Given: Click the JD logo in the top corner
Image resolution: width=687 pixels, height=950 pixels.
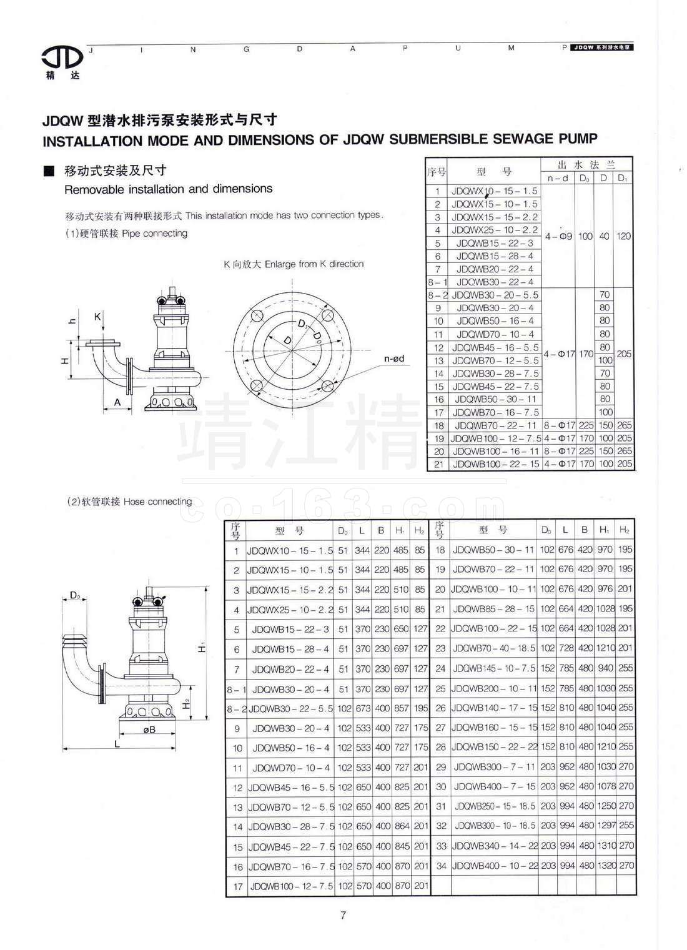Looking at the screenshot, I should tap(62, 58).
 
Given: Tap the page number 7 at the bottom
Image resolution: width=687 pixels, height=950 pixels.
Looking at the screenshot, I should tap(343, 916).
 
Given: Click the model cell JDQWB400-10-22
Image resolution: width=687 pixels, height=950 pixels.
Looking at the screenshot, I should tap(493, 865).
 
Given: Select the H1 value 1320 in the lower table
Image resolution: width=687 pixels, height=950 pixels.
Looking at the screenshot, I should tap(605, 865).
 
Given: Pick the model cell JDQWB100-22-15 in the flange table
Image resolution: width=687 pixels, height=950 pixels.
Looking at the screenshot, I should tap(495, 464).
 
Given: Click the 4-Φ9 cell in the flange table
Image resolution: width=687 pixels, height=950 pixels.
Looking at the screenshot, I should tap(558, 237).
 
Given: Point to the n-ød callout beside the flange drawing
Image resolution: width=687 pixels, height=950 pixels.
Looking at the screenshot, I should tap(393, 359).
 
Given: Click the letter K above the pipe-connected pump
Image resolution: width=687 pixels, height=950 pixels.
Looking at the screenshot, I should tap(97, 317).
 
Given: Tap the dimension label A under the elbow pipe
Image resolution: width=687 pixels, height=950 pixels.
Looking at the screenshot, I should tap(117, 403).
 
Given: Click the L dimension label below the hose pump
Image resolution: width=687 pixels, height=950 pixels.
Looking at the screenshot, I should tap(117, 743).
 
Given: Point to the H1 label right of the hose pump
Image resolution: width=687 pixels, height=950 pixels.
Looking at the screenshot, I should tap(202, 648).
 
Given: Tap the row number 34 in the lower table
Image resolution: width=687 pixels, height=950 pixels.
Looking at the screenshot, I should tap(440, 865).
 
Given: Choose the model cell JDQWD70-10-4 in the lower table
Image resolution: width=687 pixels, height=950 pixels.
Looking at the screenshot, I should tap(290, 768).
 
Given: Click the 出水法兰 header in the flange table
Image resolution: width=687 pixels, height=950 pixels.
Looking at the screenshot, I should tap(586, 164).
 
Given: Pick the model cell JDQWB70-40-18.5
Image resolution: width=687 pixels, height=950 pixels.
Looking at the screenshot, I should tap(493, 648).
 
